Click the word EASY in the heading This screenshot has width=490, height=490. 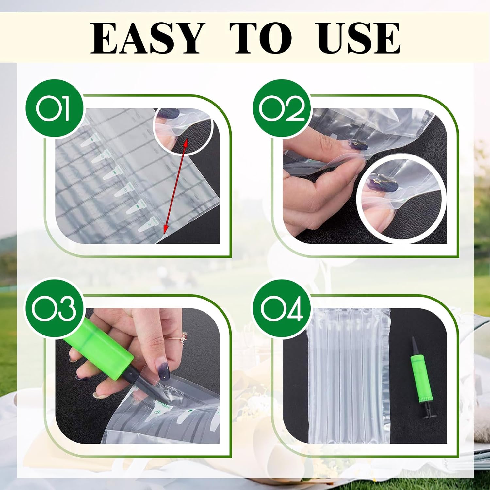[x=146, y=38]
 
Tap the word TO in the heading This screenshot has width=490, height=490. [x=260, y=38]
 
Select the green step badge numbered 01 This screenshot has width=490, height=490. [x=54, y=108]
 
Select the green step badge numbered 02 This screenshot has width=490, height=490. [x=282, y=108]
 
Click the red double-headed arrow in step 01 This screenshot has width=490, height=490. [x=175, y=186]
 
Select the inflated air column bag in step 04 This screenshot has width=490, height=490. [x=349, y=376]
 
